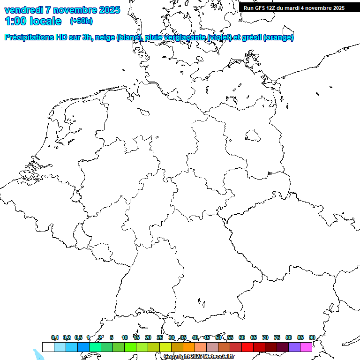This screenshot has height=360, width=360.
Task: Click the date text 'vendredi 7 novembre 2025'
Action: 62,10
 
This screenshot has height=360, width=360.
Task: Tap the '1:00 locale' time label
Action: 33,21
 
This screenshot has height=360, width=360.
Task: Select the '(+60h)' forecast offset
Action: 81,21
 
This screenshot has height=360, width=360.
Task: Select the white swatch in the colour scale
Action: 48,347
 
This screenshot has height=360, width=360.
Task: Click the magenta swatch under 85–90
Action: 306,347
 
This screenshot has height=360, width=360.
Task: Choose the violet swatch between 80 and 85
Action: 294,347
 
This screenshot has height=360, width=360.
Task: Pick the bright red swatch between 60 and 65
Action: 247,347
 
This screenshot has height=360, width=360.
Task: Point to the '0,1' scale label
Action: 55,338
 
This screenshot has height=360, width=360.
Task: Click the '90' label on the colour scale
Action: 312,338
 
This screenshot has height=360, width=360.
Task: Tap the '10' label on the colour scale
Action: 124,338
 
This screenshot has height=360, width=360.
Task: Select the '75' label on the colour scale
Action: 277,338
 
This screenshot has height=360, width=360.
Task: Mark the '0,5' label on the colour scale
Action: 78,338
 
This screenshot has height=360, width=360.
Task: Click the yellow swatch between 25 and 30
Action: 165,347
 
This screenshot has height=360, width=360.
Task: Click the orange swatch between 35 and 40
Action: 188,347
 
